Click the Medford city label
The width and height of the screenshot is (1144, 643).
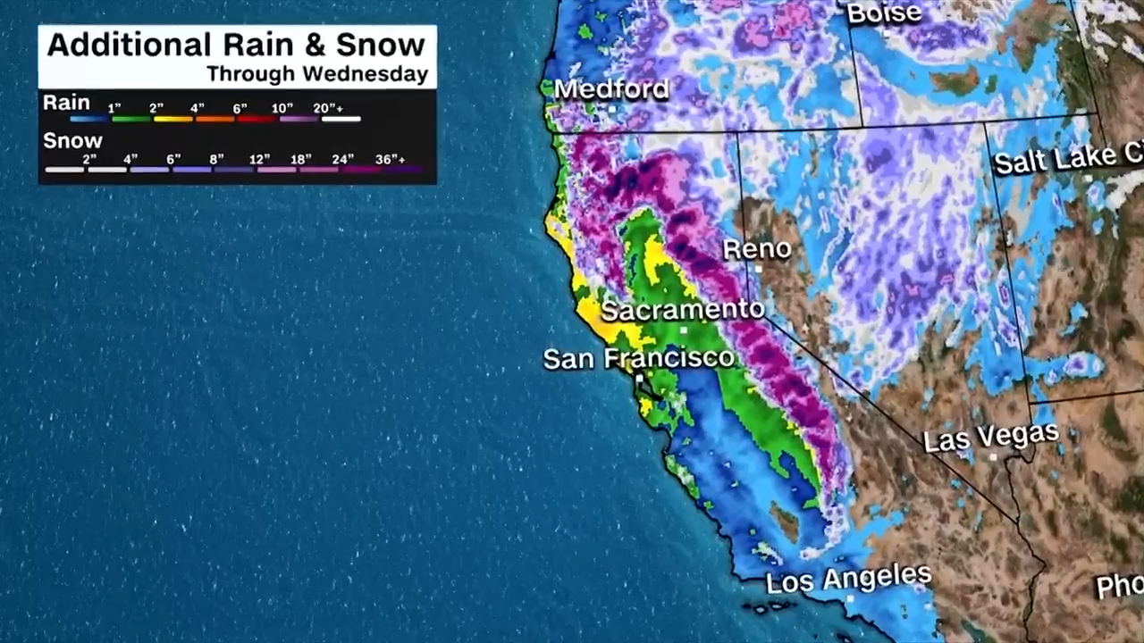coord(611,89)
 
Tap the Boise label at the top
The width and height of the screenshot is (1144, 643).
coord(883,13)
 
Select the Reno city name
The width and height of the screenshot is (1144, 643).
coord(756,248)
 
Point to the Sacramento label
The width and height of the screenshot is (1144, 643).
coord(682,310)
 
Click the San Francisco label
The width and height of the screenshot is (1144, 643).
coord(638,359)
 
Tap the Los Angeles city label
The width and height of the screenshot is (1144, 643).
coord(848,579)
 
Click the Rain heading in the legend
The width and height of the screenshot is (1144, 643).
coord(66,103)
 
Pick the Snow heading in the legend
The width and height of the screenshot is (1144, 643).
coord(72,141)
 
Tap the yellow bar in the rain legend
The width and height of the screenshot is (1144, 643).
coord(173,119)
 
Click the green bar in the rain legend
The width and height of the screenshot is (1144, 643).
coord(131,119)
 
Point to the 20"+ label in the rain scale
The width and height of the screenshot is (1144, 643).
coord(328,108)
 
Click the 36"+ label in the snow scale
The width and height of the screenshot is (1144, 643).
coord(390,159)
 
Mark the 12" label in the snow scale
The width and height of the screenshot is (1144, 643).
coord(259,159)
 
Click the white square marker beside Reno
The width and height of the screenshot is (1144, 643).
coord(757,268)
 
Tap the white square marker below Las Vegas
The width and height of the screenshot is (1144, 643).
coord(992,456)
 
